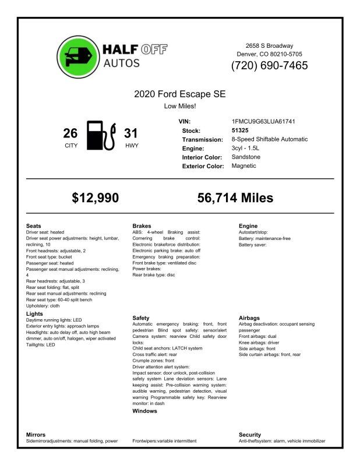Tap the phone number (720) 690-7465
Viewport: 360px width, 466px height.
click(x=269, y=66)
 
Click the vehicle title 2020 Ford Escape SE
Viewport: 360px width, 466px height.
click(x=179, y=94)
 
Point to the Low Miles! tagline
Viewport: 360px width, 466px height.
click(x=179, y=106)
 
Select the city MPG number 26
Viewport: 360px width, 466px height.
click(x=70, y=133)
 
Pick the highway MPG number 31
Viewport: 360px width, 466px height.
click(x=131, y=133)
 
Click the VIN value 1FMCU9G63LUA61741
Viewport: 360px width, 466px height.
click(x=263, y=121)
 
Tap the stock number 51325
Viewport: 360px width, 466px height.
click(x=240, y=130)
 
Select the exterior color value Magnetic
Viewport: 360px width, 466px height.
click(x=243, y=166)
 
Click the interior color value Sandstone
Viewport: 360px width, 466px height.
click(x=246, y=157)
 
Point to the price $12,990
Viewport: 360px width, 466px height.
click(x=96, y=198)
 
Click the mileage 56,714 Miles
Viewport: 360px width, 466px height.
click(x=235, y=198)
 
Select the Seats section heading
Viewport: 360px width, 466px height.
click(x=34, y=225)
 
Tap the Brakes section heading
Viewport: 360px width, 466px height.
click(x=142, y=225)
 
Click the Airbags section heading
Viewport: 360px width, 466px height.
click(x=249, y=317)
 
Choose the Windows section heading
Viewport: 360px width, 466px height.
click(x=145, y=411)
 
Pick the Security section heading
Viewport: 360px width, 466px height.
click(x=250, y=435)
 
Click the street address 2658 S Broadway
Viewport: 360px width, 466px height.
click(x=269, y=45)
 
